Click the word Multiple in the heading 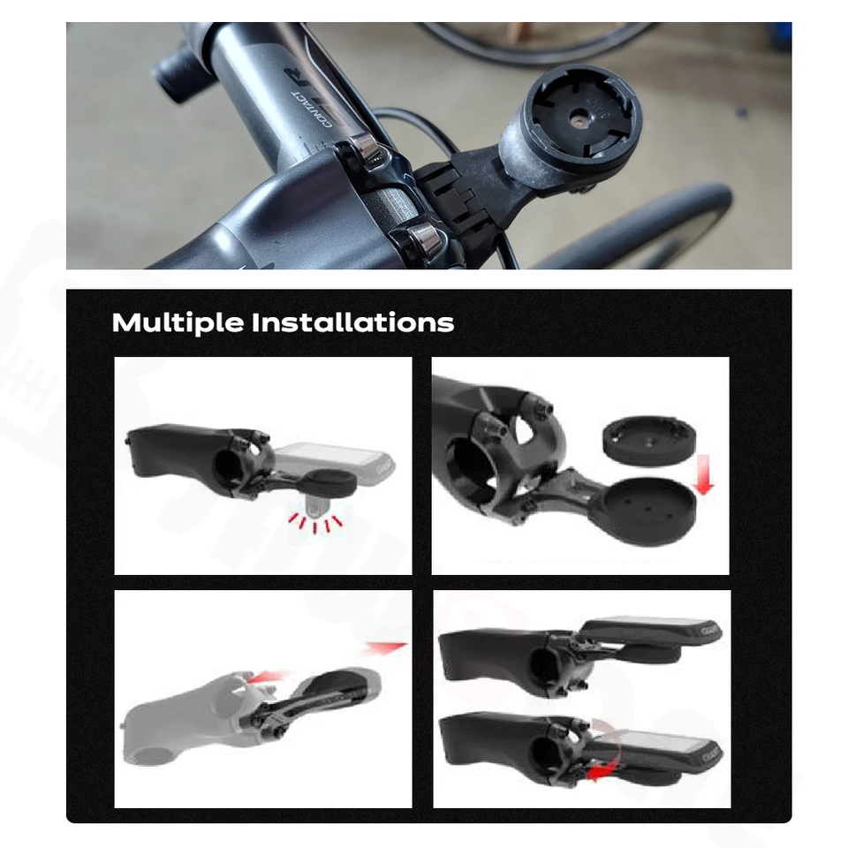point(178,323)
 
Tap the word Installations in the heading point(352,323)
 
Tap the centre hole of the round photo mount point(575,115)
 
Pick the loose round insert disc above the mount point(647,441)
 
